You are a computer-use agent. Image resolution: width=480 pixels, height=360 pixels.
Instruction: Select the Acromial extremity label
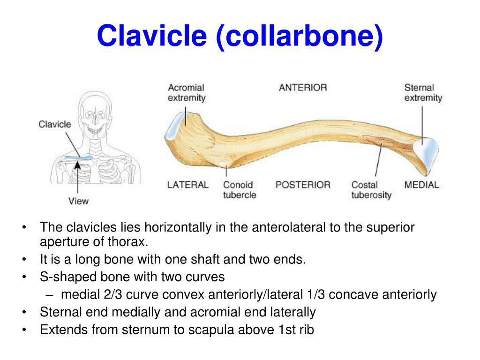(187, 92)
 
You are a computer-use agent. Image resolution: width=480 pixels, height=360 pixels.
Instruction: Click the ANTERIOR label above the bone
(303, 88)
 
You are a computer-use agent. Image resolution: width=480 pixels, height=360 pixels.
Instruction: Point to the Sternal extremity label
(423, 92)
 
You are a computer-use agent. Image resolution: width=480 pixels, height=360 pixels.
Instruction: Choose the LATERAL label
(187, 185)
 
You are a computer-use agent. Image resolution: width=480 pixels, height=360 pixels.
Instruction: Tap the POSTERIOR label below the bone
(303, 185)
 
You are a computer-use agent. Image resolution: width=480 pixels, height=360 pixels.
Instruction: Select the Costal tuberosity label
(371, 190)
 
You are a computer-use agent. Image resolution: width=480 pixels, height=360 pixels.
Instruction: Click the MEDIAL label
(421, 185)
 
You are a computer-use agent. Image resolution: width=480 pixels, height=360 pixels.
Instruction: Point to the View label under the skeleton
(78, 201)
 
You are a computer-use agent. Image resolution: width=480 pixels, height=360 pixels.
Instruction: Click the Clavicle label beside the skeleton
(55, 124)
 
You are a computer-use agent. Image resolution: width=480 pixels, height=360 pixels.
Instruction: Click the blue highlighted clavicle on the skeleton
(78, 159)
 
